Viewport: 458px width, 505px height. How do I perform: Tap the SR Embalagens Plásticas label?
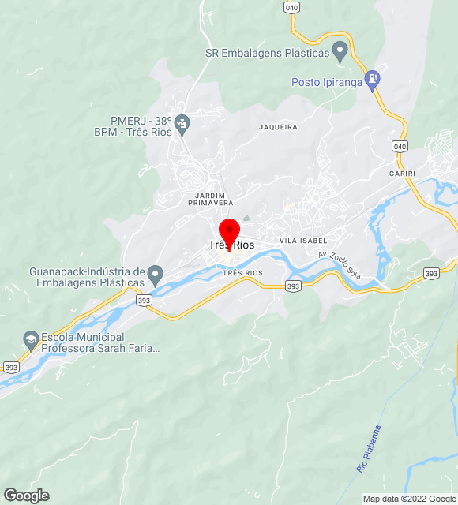pos(267,54)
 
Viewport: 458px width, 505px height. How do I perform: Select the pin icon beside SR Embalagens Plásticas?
pos(340,53)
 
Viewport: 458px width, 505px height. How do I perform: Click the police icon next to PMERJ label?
pos(182,124)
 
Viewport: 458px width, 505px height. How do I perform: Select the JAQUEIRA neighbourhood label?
pos(278,127)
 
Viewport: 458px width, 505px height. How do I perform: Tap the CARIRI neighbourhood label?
pos(402,173)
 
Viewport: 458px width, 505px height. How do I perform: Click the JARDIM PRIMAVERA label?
pos(205,199)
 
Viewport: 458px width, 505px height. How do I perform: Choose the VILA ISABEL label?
pos(302,240)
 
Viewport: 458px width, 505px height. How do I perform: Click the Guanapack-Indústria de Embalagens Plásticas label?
pos(87,277)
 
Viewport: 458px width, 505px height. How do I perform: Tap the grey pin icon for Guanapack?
pos(156,275)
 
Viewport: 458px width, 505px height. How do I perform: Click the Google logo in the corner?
pos(25,496)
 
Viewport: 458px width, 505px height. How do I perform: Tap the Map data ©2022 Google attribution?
pos(409,499)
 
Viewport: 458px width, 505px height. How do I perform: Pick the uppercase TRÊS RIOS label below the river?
pos(242,273)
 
